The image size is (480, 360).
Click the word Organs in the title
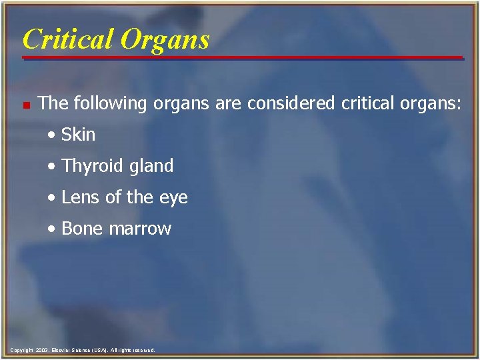pos(167,40)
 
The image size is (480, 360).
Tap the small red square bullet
pos(25,105)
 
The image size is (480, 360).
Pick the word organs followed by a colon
pos(431,103)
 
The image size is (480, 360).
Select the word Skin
pos(78,134)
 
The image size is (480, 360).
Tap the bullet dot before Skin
pos(53,135)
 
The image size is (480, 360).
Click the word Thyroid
pos(89,166)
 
